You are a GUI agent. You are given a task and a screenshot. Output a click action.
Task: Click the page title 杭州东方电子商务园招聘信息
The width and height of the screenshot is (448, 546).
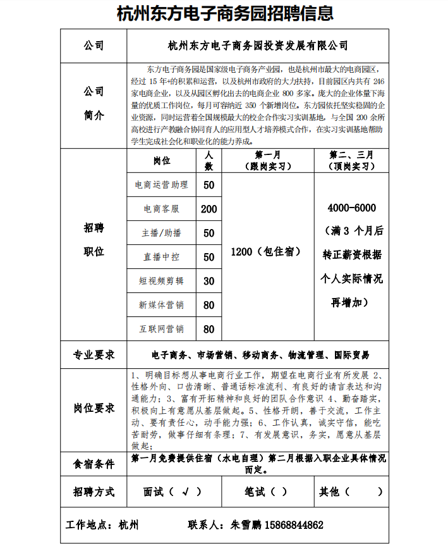click(x=225, y=14)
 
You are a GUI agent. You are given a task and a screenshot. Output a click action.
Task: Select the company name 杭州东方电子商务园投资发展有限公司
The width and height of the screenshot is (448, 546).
click(x=257, y=46)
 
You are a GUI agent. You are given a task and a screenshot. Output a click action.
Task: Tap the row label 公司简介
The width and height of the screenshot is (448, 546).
click(x=94, y=103)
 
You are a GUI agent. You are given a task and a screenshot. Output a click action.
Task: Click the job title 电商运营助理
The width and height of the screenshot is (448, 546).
click(x=161, y=185)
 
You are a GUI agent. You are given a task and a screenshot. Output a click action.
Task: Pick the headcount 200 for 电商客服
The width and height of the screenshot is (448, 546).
click(x=209, y=209)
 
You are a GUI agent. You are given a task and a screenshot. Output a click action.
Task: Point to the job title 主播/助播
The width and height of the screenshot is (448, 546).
click(x=161, y=233)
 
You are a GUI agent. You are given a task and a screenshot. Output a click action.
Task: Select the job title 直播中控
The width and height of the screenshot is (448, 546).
click(x=161, y=257)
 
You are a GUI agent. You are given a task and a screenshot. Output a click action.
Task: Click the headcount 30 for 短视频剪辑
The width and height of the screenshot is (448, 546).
click(x=209, y=281)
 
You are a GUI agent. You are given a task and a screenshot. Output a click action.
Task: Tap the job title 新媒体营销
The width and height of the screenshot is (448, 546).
click(x=161, y=305)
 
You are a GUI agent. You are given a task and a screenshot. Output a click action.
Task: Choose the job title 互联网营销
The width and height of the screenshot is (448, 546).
click(x=161, y=329)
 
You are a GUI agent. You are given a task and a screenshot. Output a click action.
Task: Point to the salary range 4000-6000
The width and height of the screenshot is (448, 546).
click(x=352, y=208)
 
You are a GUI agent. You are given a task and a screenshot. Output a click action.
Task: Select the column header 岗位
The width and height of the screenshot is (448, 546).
click(x=161, y=161)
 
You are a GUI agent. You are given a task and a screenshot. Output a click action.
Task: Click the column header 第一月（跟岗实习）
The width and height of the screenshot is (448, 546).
click(x=268, y=161)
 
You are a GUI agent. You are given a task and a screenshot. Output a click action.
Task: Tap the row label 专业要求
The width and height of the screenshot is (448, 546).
click(x=94, y=355)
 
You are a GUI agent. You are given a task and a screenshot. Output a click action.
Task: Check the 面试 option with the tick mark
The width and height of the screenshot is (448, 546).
click(x=173, y=491)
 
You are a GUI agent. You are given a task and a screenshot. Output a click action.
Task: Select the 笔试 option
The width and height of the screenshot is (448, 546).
click(x=266, y=491)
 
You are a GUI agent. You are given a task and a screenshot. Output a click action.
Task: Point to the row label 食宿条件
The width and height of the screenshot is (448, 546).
click(x=94, y=464)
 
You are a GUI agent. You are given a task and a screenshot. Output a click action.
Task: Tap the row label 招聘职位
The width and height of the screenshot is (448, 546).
click(x=94, y=239)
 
